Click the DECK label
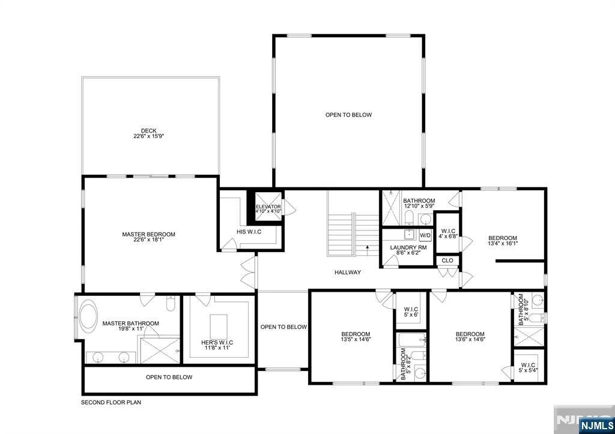(x=149, y=130)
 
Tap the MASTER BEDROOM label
(x=149, y=235)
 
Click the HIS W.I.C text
(x=249, y=232)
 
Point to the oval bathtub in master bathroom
(x=88, y=316)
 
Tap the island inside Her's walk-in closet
(x=219, y=327)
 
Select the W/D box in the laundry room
(x=425, y=235)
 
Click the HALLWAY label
(x=348, y=272)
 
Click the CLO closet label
(x=447, y=261)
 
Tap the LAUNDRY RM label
(x=408, y=248)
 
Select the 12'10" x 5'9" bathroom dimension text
(x=419, y=205)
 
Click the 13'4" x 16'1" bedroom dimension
(x=503, y=243)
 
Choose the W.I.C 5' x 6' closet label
(x=411, y=312)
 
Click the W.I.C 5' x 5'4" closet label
(x=529, y=367)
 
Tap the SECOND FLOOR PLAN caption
(x=111, y=402)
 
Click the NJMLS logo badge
(x=596, y=426)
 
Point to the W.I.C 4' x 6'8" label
(x=447, y=234)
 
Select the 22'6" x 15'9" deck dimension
(x=149, y=136)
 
